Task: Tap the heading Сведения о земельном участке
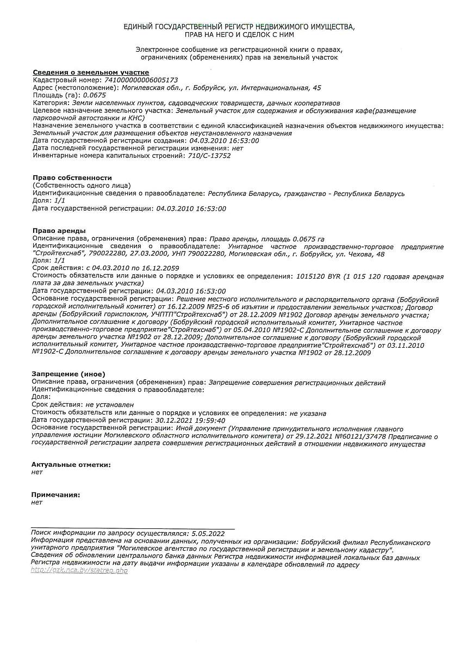click(91, 72)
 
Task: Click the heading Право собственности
click(72, 178)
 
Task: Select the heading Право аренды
click(59, 231)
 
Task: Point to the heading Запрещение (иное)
click(68, 374)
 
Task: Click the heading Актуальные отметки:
click(71, 465)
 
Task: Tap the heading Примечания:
click(56, 495)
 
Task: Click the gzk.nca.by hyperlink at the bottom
click(79, 570)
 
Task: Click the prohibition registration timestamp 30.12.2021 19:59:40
click(190, 420)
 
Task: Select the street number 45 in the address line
click(317, 88)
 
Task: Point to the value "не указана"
click(308, 413)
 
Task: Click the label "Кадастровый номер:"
click(67, 80)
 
